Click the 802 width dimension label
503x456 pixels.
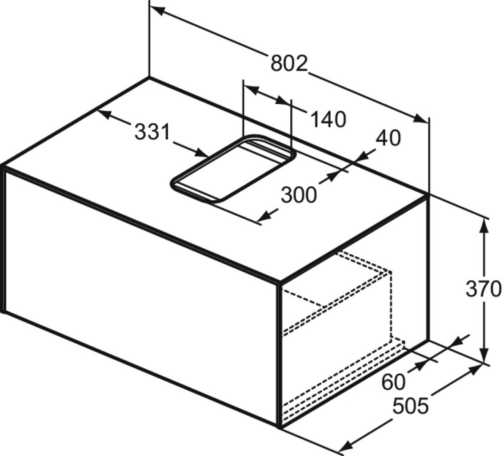click(x=289, y=63)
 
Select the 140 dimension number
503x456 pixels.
click(x=328, y=119)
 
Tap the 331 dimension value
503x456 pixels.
click(x=152, y=132)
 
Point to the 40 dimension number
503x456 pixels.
click(x=388, y=138)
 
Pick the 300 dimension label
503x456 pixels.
click(x=299, y=195)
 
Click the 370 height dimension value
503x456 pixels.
click(x=483, y=289)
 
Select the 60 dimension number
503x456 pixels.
click(x=394, y=382)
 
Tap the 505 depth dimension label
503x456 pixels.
click(x=411, y=406)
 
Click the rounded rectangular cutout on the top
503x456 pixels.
click(x=233, y=168)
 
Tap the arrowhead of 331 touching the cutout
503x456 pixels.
click(x=201, y=153)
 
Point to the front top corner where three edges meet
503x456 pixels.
click(x=280, y=283)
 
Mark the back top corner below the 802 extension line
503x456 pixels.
click(x=150, y=77)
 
